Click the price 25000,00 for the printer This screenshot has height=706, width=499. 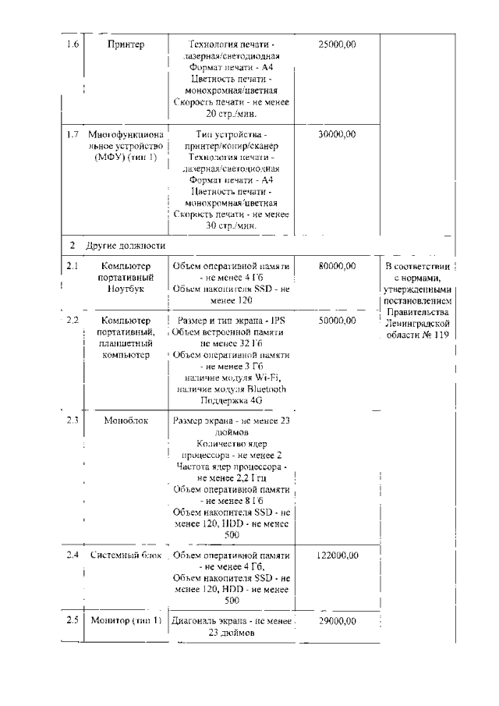click(338, 44)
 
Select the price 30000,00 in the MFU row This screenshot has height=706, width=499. click(338, 134)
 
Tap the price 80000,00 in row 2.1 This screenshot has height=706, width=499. click(338, 266)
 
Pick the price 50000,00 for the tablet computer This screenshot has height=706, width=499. click(338, 321)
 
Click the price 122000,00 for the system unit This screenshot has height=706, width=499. click(338, 555)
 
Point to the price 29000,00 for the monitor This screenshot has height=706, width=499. click(338, 621)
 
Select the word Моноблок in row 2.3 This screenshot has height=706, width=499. click(125, 420)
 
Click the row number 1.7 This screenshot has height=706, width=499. click(73, 134)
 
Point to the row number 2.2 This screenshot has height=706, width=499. click(73, 321)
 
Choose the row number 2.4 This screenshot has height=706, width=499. click(73, 555)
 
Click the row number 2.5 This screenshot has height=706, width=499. click(73, 621)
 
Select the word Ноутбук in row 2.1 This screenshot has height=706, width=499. click(126, 288)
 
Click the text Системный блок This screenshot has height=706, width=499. click(126, 555)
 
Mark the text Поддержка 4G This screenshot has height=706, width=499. click(231, 399)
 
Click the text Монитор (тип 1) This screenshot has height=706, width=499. click(126, 621)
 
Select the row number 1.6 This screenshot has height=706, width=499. click(73, 44)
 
